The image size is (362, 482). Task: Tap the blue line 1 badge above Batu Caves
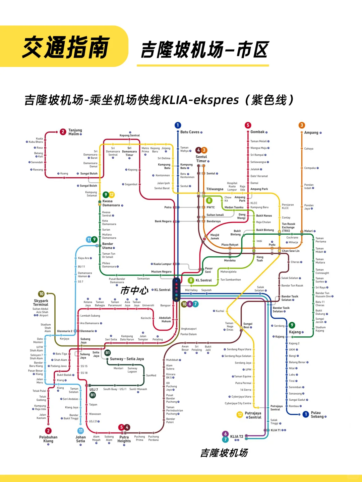(178, 125)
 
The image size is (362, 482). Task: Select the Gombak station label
(257, 132)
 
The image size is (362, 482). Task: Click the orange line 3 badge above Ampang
(302, 125)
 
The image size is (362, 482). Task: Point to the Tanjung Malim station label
(75, 132)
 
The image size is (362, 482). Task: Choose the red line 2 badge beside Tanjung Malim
(63, 132)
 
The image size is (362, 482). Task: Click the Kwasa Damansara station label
(111, 203)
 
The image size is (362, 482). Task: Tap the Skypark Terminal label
(41, 303)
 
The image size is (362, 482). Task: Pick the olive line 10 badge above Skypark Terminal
(41, 294)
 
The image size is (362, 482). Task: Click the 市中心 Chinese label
(134, 290)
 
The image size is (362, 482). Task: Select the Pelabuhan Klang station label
(48, 439)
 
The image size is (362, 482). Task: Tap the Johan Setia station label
(80, 439)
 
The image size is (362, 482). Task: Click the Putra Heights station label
(124, 439)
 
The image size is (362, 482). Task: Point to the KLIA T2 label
(237, 436)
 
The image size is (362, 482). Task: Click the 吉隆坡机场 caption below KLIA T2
(224, 453)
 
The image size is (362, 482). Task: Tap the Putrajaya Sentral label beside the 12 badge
(253, 415)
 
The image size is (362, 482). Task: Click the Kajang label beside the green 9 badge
(295, 332)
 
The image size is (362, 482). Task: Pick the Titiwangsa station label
(215, 189)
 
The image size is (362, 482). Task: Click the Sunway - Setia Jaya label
(127, 359)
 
